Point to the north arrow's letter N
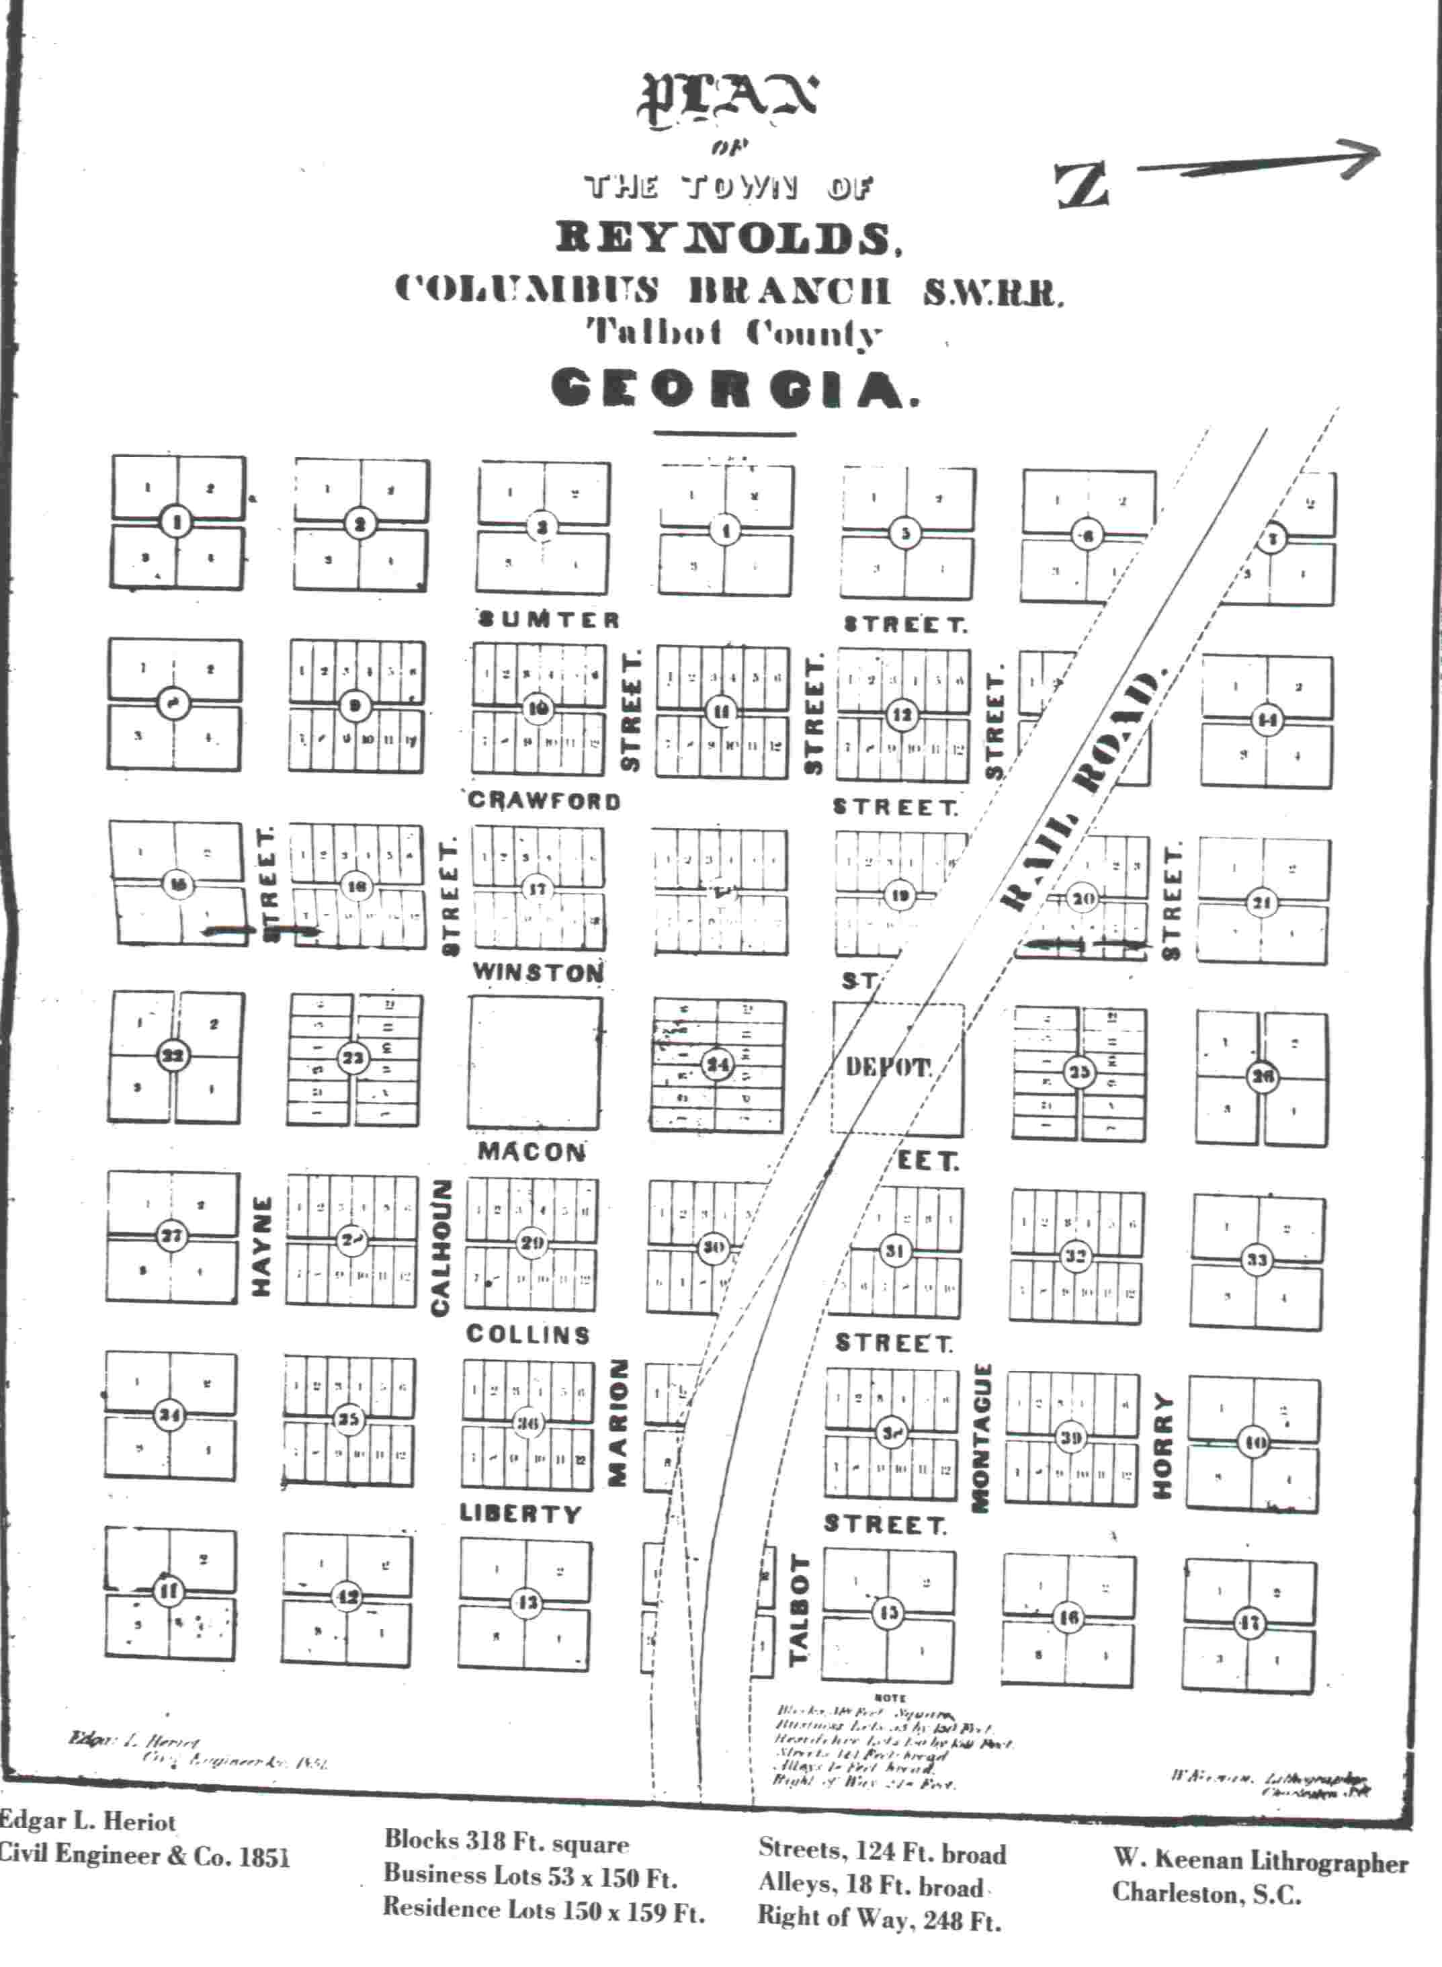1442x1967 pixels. pyautogui.click(x=1083, y=185)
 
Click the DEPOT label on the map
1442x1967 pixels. pyautogui.click(x=888, y=1067)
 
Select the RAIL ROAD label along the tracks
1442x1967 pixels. pyautogui.click(x=1083, y=790)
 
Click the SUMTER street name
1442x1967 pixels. pyautogui.click(x=548, y=620)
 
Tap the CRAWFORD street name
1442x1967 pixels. pyautogui.click(x=544, y=800)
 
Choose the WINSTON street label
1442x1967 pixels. pyautogui.click(x=538, y=972)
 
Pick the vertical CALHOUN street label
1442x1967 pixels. pyautogui.click(x=441, y=1247)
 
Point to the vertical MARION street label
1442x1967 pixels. pyautogui.click(x=618, y=1422)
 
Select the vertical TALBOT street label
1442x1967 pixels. pyautogui.click(x=799, y=1610)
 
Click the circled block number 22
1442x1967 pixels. pyautogui.click(x=173, y=1056)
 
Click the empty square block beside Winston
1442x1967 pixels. pyautogui.click(x=534, y=1062)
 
